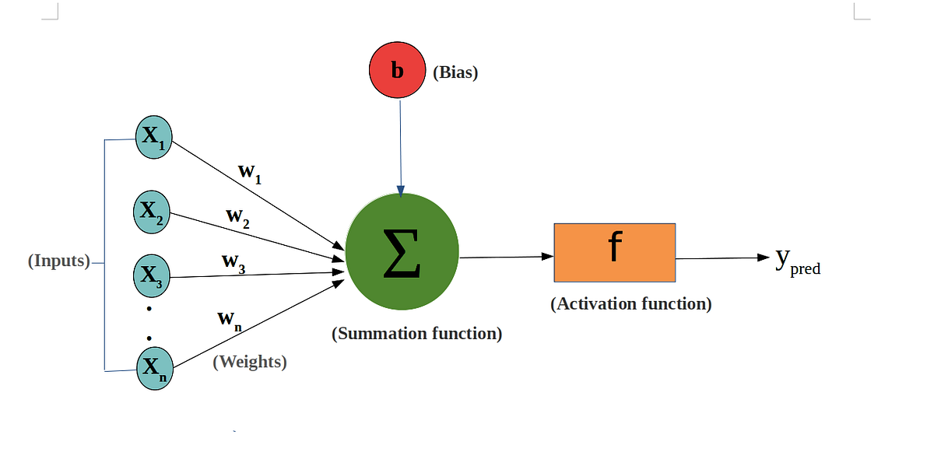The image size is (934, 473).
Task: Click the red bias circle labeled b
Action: [x=398, y=70]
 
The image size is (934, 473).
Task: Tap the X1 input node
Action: [x=154, y=137]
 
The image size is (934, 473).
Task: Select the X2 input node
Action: [x=152, y=212]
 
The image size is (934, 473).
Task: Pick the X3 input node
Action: [x=152, y=276]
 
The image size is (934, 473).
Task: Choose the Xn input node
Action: [x=155, y=369]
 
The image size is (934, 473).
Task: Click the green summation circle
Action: [x=402, y=252]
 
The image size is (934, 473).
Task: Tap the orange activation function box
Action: [x=615, y=253]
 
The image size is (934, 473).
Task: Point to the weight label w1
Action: [x=250, y=173]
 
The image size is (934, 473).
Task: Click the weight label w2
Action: [x=237, y=218]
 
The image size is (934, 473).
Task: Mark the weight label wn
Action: [x=230, y=321]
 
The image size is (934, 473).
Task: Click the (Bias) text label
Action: [x=455, y=72]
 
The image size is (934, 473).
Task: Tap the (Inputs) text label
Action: [x=59, y=261]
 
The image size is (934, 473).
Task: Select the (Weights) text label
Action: [x=250, y=362]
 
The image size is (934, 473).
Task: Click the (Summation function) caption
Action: [x=416, y=334]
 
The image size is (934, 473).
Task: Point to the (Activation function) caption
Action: [x=631, y=304]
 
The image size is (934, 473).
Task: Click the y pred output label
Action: [x=798, y=261]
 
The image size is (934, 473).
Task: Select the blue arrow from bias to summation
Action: [x=400, y=148]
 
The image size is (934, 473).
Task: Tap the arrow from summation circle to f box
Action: [x=507, y=257]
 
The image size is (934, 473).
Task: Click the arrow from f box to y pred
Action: [x=722, y=258]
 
